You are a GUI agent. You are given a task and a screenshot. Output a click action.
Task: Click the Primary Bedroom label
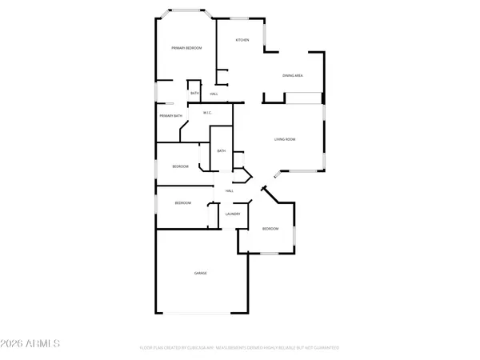click(186, 49)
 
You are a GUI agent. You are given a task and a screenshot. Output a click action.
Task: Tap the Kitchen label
click(242, 40)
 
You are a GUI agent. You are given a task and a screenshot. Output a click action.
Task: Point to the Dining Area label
click(292, 76)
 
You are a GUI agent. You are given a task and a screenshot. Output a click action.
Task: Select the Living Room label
click(286, 139)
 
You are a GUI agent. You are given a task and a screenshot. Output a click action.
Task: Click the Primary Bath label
click(170, 117)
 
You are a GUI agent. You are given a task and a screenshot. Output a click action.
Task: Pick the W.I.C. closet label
click(206, 113)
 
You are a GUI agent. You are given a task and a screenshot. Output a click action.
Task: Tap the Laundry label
click(234, 214)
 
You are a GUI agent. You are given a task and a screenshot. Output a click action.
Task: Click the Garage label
click(200, 274)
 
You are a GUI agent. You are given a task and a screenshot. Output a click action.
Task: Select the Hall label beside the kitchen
click(214, 94)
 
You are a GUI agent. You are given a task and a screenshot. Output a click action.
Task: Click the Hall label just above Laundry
click(229, 190)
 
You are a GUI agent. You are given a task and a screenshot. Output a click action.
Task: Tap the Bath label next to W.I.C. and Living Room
click(222, 151)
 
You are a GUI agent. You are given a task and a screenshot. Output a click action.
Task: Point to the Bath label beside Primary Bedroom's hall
click(194, 94)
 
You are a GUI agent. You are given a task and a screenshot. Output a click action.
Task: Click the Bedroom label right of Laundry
click(270, 230)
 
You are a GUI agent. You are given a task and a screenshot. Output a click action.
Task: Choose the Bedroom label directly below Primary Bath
click(180, 166)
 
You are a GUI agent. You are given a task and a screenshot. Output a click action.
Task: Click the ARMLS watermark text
click(32, 345)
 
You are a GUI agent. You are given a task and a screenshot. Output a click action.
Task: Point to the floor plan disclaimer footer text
click(240, 348)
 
